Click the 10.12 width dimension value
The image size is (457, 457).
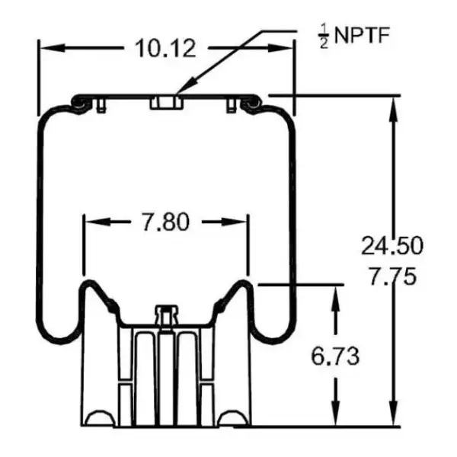[165, 48]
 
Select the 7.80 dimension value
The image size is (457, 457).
[165, 222]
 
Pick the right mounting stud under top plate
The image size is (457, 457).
[229, 107]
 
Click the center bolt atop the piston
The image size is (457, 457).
[165, 314]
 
